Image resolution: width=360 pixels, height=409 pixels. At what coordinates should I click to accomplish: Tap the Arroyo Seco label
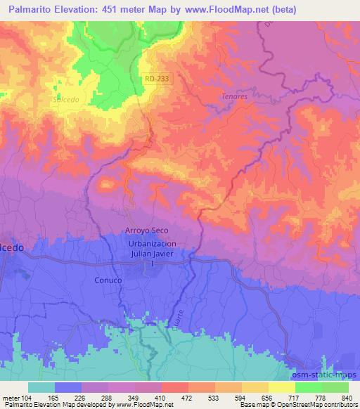coord(147,231)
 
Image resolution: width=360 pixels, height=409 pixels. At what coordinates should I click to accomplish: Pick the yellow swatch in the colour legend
coord(281,387)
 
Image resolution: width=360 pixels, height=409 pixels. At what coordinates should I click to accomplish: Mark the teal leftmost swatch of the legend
coord(41,387)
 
